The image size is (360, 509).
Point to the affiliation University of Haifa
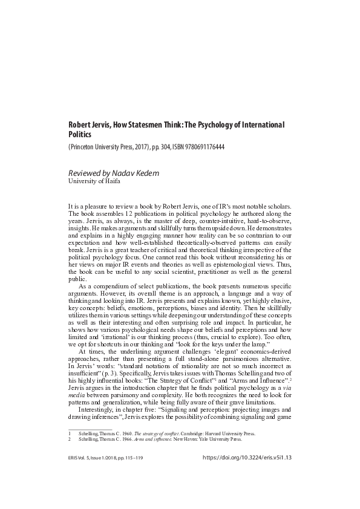coord(94,182)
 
